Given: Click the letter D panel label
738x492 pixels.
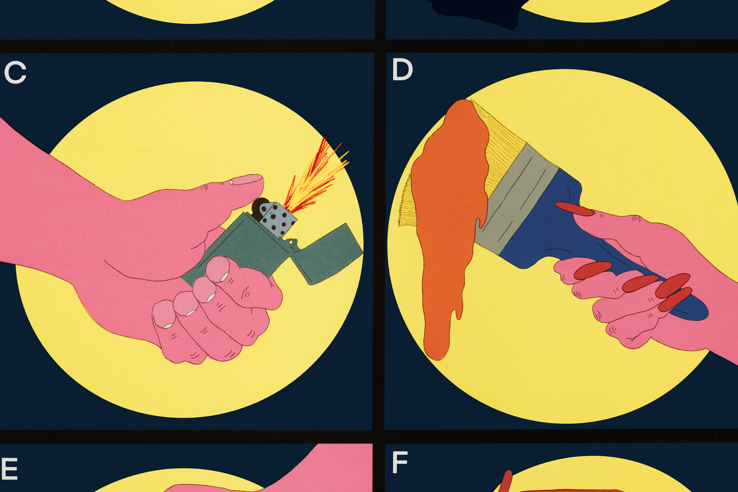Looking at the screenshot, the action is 402,70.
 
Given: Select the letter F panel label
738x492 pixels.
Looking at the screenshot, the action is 399,462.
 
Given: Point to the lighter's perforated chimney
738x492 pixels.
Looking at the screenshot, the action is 278,219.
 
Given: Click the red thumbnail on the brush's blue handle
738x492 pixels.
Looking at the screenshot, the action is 575,209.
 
